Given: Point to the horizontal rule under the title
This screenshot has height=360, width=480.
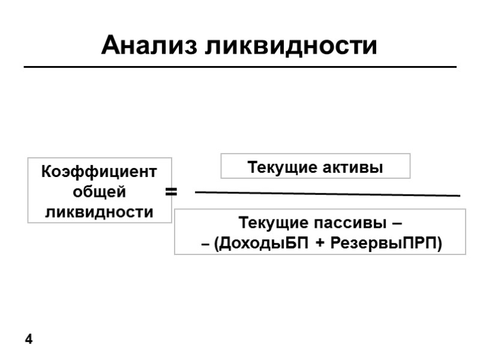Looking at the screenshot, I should click(240, 67).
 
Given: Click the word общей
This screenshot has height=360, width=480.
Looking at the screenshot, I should click(99, 193).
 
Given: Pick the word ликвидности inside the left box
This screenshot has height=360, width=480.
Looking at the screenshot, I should click(99, 212).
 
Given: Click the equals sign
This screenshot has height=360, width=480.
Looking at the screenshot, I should click(171, 192).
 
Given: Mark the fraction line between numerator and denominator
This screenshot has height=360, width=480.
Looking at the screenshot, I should click(327, 194).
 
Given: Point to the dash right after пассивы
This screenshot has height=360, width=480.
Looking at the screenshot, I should click(396, 224).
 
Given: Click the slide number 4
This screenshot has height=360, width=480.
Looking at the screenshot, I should click(28, 340).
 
